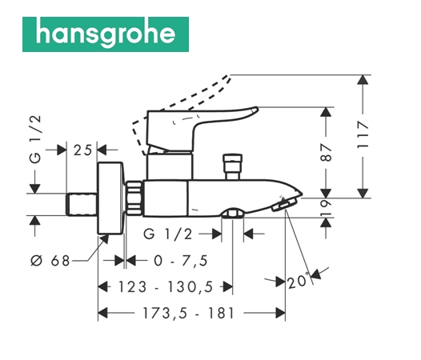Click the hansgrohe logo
[x=106, y=34]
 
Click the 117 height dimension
[x=363, y=134]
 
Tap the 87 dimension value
[x=326, y=152]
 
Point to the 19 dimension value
[x=326, y=207]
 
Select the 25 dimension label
[x=82, y=150]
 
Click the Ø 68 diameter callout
[x=50, y=261]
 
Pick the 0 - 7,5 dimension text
[x=181, y=261]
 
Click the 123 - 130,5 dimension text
[x=166, y=286]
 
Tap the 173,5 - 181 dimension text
[x=188, y=313]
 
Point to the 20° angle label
[x=298, y=282]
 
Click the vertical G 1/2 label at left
[x=35, y=139]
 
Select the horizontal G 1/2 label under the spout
[x=168, y=234]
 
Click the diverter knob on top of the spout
[x=233, y=166]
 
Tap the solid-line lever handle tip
[x=255, y=110]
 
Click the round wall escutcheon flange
[x=111, y=198]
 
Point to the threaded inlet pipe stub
[x=82, y=204]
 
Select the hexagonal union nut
[x=134, y=198]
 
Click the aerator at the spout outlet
[x=284, y=205]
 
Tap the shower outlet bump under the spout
[x=233, y=213]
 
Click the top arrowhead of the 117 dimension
[x=363, y=80]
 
